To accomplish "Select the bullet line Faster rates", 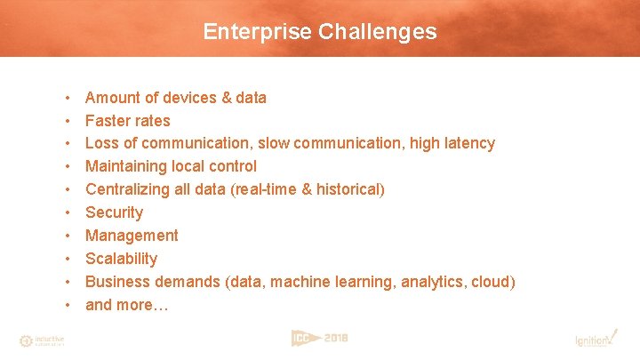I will click(127, 121).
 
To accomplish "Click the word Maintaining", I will click(125, 166).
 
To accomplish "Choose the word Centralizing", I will click(126, 189).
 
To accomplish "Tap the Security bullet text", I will click(114, 212).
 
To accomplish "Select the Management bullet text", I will click(132, 236).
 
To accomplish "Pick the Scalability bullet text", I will click(121, 259).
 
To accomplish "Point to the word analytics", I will click(432, 282).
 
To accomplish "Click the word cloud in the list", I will click(491, 282).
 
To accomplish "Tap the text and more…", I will click(126, 305).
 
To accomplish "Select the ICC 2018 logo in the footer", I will click(319, 338).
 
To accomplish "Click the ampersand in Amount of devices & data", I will click(226, 98).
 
